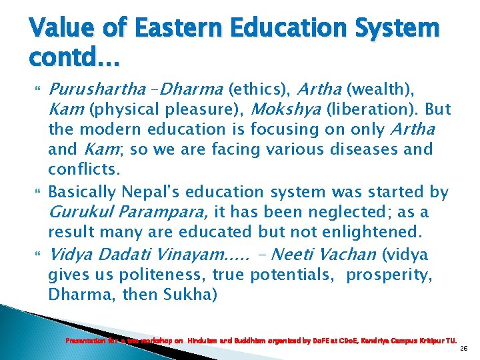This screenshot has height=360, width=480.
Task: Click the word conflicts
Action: [83, 169]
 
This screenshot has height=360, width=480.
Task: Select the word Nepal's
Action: [150, 193]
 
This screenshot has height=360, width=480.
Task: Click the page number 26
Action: [463, 347]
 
